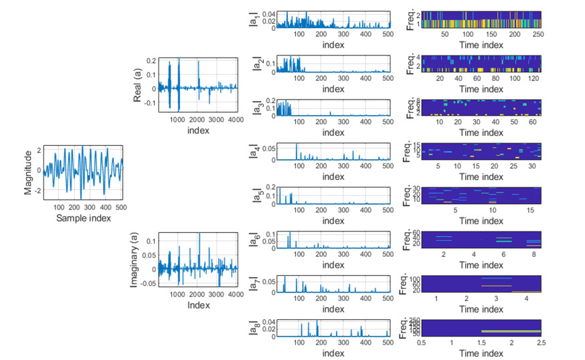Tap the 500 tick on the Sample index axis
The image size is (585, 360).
pyautogui.click(x=120, y=207)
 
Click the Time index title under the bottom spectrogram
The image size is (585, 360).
pyautogui.click(x=481, y=353)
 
